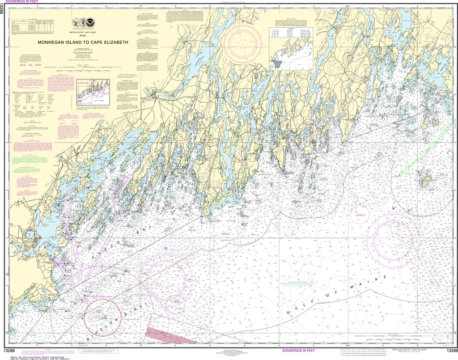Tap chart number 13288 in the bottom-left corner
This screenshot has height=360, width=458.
(12, 350)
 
